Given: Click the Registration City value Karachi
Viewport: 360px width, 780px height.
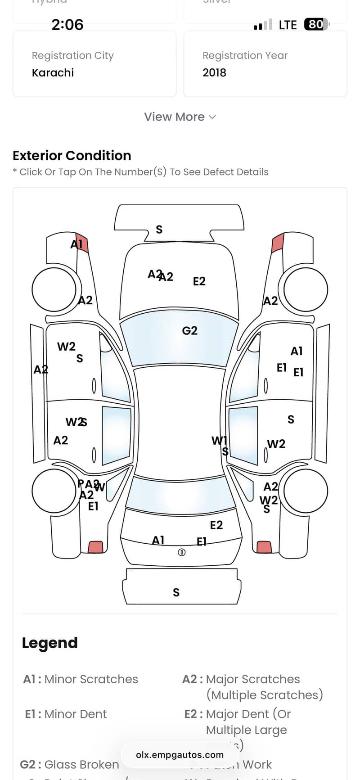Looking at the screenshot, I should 53,72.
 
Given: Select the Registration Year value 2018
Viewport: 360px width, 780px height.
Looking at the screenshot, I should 214,72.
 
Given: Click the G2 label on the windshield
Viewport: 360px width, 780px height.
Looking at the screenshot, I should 189,331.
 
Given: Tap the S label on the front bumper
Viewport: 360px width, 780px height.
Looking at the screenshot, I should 159,230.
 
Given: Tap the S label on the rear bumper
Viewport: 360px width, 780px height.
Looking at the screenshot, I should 176,592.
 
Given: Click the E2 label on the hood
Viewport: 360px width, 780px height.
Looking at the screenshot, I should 199,281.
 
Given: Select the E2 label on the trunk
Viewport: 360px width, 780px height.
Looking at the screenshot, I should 216,525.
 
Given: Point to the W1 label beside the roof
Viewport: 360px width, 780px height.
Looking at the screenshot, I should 219,441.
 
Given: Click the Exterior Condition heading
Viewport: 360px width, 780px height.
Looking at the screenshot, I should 72,156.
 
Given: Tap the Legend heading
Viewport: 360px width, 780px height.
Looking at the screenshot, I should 49,643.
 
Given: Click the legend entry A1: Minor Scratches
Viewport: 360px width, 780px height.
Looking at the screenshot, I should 81,679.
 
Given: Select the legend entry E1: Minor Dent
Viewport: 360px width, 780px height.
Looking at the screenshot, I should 66,714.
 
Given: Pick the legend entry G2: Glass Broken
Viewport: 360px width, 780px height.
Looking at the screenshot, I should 70,765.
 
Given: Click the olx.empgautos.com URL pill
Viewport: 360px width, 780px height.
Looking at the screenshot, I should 180,755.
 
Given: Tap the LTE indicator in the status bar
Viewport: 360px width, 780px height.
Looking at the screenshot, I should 288,25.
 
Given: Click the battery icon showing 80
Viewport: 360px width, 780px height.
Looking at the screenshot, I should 316,24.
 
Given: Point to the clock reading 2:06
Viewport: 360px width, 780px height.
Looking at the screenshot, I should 67,24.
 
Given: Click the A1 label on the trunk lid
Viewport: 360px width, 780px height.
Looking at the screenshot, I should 158,540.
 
